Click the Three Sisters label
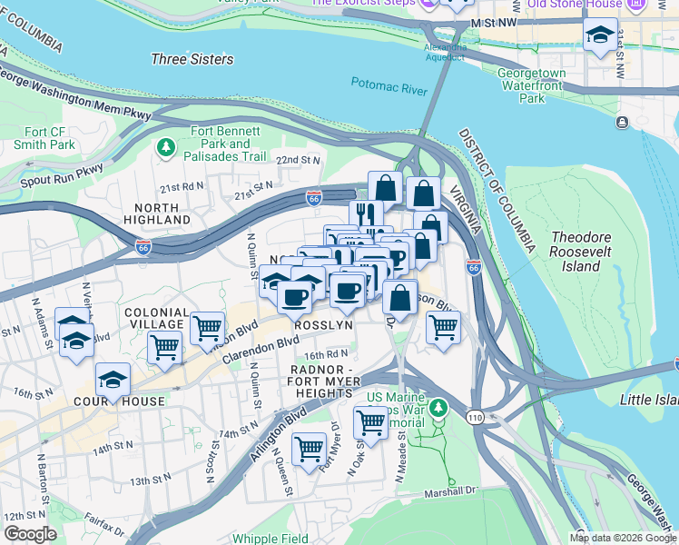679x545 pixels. [x=192, y=59]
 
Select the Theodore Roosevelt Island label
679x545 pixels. [x=587, y=252]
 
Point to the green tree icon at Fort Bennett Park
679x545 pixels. [x=166, y=146]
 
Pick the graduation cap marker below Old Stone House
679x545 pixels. [x=600, y=36]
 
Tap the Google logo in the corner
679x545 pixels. [x=30, y=533]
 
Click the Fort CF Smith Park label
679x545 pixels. [x=44, y=136]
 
